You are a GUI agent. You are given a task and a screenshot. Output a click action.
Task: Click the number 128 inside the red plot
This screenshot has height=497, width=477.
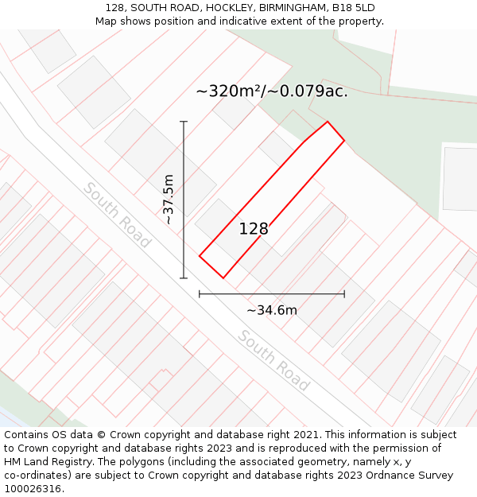point(254,229)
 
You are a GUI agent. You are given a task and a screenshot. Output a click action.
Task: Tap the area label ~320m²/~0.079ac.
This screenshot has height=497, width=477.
point(272,91)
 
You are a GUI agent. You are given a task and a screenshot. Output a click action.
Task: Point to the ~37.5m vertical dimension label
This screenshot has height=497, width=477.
point(169,199)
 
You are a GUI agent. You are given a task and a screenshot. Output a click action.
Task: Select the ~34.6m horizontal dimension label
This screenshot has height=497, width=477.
point(271,310)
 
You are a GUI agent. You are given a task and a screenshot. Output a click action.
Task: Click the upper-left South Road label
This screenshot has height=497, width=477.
point(117,215)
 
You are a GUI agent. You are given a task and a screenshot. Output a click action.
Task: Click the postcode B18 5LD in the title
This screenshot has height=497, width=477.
point(354,8)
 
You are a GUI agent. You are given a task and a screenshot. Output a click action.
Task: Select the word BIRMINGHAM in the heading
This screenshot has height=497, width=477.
point(293,8)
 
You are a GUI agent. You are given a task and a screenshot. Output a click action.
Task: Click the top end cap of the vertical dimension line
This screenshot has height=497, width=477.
point(184,122)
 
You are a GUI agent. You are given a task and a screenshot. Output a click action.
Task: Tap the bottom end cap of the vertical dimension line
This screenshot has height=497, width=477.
point(184,278)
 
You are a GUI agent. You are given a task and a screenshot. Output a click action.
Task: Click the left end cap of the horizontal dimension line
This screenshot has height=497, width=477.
point(200,294)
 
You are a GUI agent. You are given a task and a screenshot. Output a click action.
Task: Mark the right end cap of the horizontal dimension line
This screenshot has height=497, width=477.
point(344,294)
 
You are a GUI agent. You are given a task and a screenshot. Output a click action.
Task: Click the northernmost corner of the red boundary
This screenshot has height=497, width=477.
point(328,122)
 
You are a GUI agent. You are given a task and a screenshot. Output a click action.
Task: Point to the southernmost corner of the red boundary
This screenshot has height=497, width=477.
point(223,278)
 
